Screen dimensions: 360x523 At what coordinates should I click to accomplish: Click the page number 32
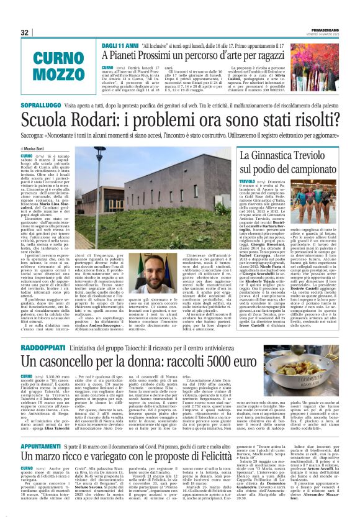[25, 32]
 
